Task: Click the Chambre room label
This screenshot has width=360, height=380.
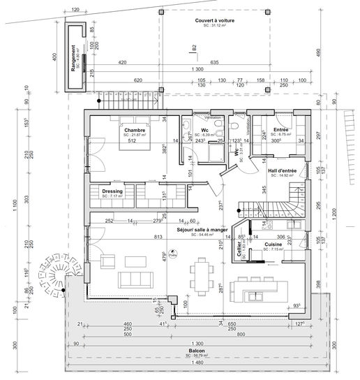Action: coord(134,130)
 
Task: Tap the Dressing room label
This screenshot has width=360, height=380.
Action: coord(112,191)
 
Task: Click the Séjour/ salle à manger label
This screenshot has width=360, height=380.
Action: coord(202,228)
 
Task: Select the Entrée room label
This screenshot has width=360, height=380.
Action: coord(282,130)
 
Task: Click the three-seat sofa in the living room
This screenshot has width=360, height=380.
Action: coord(136,279)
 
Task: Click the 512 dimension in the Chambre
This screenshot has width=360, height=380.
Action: coord(130,140)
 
